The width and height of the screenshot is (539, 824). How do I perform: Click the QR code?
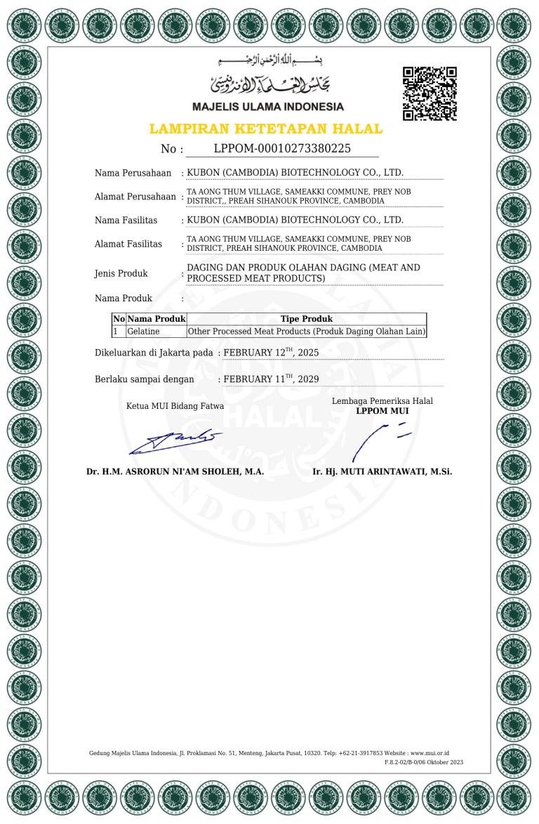(x=430, y=93)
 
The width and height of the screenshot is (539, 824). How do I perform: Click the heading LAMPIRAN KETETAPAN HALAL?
(x=266, y=129)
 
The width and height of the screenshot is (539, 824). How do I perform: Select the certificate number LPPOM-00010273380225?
(x=282, y=148)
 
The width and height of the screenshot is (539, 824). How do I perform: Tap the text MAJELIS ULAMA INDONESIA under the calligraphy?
(x=267, y=107)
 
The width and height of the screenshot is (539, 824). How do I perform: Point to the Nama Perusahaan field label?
(x=133, y=173)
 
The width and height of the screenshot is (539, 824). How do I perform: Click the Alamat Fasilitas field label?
(x=128, y=244)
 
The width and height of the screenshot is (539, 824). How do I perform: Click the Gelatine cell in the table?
(x=143, y=331)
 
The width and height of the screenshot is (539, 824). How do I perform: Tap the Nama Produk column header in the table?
(x=156, y=319)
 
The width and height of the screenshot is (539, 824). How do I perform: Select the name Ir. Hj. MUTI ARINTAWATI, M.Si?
(x=382, y=471)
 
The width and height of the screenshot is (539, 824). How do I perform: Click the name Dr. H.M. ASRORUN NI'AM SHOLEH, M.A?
(x=175, y=471)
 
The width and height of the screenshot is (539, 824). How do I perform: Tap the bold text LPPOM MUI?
(x=382, y=411)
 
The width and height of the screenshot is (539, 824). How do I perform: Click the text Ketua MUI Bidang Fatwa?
(x=175, y=405)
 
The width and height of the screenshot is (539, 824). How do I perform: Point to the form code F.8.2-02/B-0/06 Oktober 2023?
(x=424, y=762)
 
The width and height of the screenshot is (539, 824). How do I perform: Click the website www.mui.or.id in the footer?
(x=430, y=752)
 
